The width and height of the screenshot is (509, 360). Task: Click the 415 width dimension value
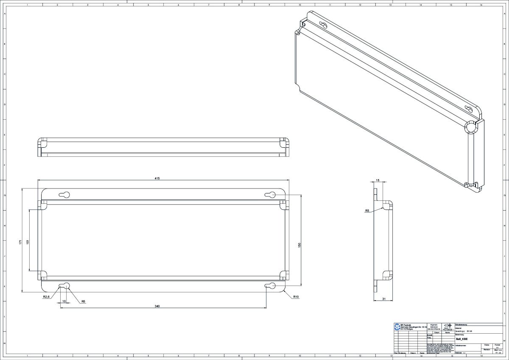[157, 179]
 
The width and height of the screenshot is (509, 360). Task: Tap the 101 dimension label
[27, 241]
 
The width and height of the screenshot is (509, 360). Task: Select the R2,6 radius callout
[47, 297]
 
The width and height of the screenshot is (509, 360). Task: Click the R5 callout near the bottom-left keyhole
[84, 301]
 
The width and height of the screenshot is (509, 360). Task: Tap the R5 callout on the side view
[367, 211]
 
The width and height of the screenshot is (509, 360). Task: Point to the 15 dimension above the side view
[378, 180]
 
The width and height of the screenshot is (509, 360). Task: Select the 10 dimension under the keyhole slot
[64, 301]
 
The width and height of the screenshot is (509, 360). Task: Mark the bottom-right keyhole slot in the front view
[269, 286]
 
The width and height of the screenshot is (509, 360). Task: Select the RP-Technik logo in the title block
[397, 326]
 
